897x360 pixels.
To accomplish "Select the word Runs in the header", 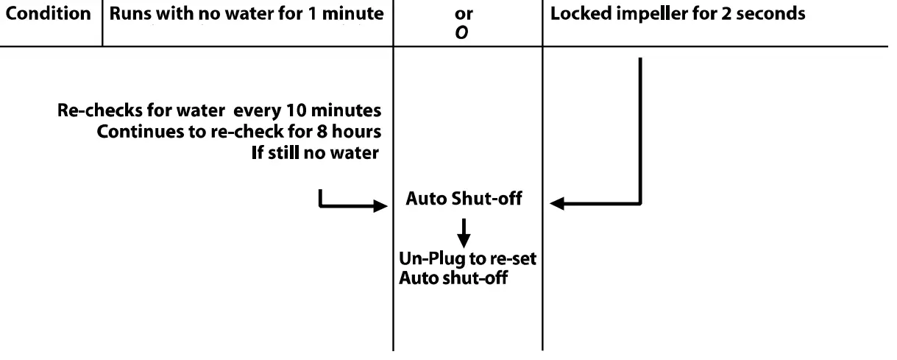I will coord(130,14).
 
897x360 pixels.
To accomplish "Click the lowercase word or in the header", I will coord(464,14).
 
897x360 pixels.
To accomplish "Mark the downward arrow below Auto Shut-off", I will coord(464,236).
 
